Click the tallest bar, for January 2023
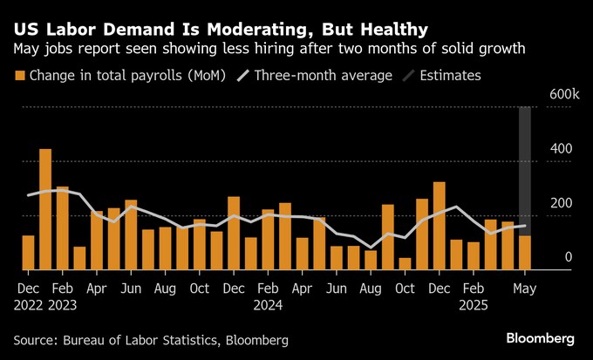[45, 209]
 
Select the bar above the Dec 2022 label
[28, 252]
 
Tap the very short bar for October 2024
[405, 263]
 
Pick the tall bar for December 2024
[439, 226]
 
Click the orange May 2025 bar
[524, 253]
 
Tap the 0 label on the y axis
[568, 257]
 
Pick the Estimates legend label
[450, 76]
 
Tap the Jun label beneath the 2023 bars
[131, 287]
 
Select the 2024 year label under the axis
[267, 305]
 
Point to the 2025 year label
[473, 305]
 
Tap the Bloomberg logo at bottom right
[542, 337]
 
